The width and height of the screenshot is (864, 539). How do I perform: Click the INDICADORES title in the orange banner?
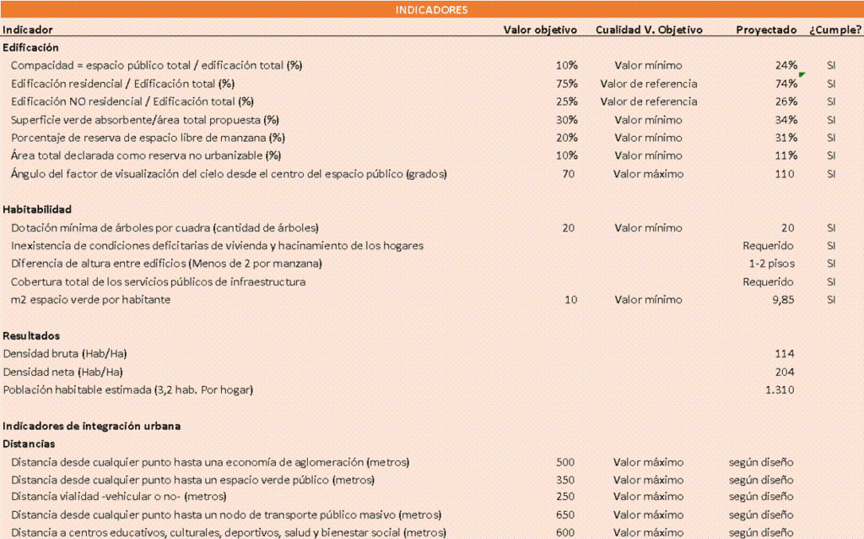click(431, 9)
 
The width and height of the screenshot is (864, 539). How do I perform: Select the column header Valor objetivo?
click(540, 30)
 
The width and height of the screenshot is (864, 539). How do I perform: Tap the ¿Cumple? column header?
click(835, 30)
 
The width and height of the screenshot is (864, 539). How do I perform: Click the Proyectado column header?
click(765, 30)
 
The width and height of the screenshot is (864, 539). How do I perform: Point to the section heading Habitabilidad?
click(37, 209)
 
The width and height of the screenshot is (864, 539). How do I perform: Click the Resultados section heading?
click(31, 335)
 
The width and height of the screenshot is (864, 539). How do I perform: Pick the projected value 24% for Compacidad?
click(786, 65)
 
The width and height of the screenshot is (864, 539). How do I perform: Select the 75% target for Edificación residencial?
click(567, 84)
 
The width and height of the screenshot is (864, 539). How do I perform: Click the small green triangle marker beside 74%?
click(802, 75)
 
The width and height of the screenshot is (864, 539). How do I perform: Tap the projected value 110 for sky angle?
click(785, 174)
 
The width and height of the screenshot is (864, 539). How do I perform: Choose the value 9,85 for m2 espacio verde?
click(782, 300)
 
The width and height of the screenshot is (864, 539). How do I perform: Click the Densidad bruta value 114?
click(785, 353)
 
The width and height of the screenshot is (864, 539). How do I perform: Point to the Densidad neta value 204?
click(785, 372)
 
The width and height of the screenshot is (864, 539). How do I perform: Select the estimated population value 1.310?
click(780, 389)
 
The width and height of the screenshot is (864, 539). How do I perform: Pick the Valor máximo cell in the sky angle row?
click(648, 174)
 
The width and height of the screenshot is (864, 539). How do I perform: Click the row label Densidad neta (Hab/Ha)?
click(63, 372)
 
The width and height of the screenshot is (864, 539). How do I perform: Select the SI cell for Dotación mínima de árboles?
click(831, 227)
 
